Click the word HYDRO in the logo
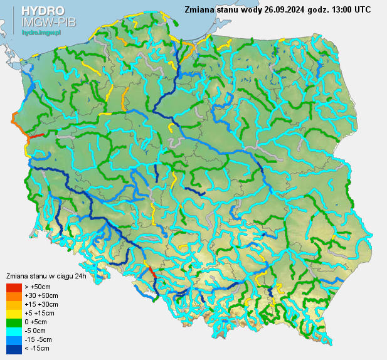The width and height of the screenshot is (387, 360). pyautogui.click(x=43, y=11)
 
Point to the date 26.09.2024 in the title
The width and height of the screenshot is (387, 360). pyautogui.click(x=285, y=9)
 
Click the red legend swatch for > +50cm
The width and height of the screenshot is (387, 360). pyautogui.click(x=14, y=287)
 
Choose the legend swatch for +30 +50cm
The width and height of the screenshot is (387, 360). pyautogui.click(x=14, y=295)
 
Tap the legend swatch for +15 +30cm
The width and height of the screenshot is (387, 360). pyautogui.click(x=14, y=304)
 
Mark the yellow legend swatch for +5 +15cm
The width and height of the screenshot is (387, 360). pyautogui.click(x=14, y=313)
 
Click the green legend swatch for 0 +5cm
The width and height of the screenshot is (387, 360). pyautogui.click(x=14, y=322)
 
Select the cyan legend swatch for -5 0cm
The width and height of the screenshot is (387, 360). pyautogui.click(x=14, y=331)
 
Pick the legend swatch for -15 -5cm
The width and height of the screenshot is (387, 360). pyautogui.click(x=14, y=339)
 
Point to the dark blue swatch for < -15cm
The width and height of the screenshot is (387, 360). pyautogui.click(x=14, y=348)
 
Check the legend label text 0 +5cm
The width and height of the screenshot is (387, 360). pyautogui.click(x=38, y=322)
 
